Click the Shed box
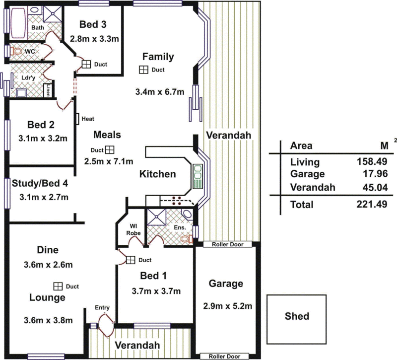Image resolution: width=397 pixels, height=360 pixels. (x=297, y=316)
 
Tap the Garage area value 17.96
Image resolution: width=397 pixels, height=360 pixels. (x=372, y=174)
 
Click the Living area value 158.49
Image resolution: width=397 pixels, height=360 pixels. (x=372, y=162)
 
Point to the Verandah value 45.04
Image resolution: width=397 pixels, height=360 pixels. (x=372, y=187)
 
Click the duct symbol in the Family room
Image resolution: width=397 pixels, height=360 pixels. (x=144, y=70)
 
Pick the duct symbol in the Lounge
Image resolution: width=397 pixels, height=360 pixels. (x=58, y=286)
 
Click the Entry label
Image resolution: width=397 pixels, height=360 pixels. (x=102, y=308)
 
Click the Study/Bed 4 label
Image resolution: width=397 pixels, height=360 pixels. (x=40, y=184)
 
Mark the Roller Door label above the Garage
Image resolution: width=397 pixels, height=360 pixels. (x=226, y=244)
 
